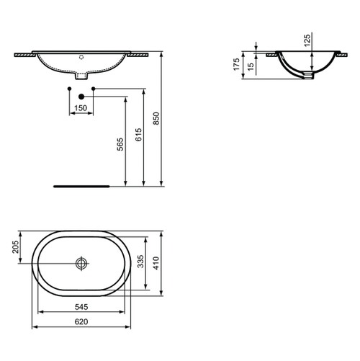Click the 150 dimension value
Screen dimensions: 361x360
pos(81,108)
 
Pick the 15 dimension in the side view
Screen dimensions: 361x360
pos(251,66)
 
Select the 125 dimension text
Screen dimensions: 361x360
pos(307,40)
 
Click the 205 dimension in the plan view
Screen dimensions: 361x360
pos(15,249)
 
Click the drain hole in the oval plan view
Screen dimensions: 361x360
pos(81,264)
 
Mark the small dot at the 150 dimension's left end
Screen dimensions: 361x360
pos(69,89)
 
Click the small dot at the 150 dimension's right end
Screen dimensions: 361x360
pos(94,89)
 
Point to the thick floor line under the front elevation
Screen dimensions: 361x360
pos(81,185)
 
